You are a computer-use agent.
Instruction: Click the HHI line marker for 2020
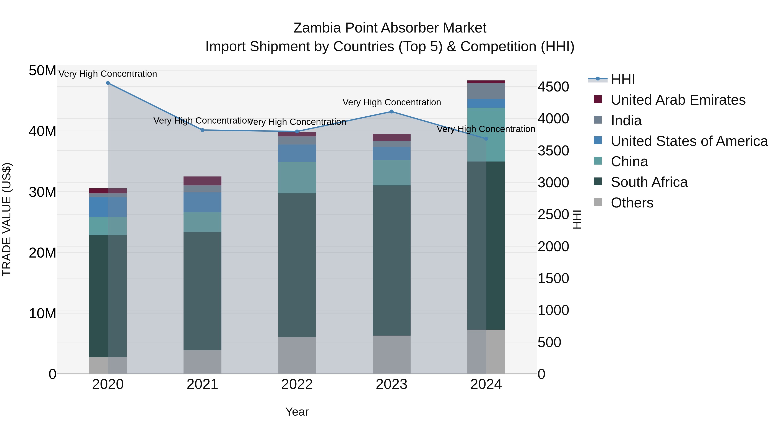[108, 83]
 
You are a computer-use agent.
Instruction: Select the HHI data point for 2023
[392, 111]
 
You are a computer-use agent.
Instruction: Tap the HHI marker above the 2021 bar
[203, 130]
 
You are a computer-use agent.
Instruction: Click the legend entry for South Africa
[649, 182]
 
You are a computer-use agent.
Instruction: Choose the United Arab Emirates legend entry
[678, 100]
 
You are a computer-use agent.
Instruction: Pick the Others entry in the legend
[632, 203]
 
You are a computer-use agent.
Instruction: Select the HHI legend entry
[622, 79]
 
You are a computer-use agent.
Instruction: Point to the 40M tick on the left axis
[42, 131]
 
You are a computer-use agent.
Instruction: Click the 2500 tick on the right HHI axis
[553, 214]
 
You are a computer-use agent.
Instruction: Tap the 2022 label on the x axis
[297, 384]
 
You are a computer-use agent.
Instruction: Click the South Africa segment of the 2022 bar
[297, 265]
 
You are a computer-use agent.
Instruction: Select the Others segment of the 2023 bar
[392, 354]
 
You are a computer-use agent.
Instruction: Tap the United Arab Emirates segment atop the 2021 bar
[203, 181]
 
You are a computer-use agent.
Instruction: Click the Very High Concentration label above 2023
[392, 102]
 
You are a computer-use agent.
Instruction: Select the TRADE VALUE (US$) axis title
[7, 219]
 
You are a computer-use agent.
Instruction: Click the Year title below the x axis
[297, 412]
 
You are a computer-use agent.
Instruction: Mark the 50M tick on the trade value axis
[42, 71]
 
